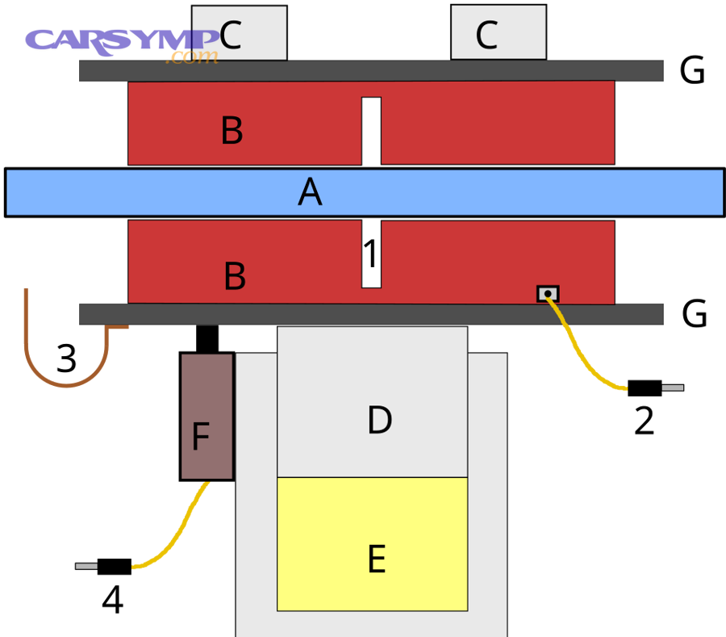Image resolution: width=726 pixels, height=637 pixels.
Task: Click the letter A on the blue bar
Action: pos(310,193)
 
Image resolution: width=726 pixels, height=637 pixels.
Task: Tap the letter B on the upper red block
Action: pos(232,131)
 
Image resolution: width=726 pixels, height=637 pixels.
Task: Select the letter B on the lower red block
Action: pos(235,277)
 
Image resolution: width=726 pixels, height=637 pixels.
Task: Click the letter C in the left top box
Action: pos(230,36)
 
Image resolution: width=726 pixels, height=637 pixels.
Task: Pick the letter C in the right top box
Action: pos(486,36)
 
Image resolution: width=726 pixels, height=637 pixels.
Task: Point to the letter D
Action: pos(379,421)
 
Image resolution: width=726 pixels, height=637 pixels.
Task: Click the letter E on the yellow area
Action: pos(376,559)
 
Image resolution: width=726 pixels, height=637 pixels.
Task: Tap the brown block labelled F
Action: pos(207,417)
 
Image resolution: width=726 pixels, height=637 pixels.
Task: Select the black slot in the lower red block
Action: pos(371,254)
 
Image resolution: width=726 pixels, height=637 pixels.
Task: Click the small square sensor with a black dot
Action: pos(548,294)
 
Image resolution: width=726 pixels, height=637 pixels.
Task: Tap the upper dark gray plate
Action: pos(371,70)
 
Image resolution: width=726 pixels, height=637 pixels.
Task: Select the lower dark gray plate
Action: pos(371,314)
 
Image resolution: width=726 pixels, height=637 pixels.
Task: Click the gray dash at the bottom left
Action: pos(86,566)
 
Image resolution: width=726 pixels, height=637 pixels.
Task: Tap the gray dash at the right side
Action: pos(673,388)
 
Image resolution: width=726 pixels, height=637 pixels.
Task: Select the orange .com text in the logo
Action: pos(192,57)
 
